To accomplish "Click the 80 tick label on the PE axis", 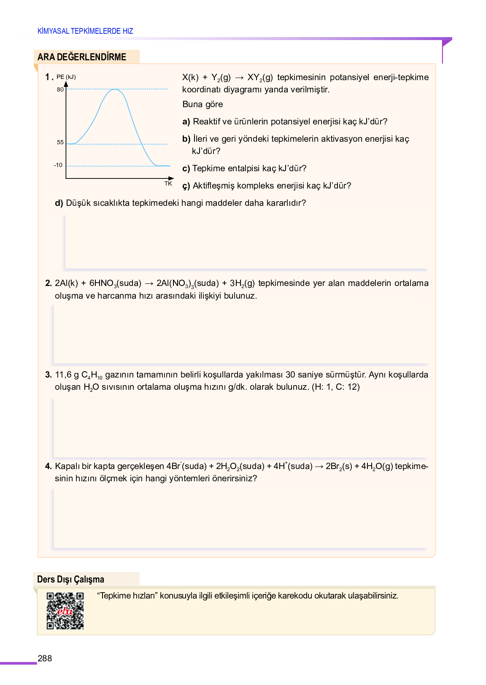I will (x=60, y=89).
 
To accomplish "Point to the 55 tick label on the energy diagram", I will (x=60, y=143).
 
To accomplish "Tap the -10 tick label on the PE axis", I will (x=58, y=165).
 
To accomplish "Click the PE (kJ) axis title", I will (x=66, y=77).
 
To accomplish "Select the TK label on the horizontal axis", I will (x=168, y=183).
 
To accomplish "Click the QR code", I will (x=65, y=611).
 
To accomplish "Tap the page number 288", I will (x=45, y=658).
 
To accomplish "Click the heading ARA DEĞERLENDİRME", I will (x=82, y=57).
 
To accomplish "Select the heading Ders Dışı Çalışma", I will (x=70, y=580).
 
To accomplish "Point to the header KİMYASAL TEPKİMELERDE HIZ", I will (x=85, y=31).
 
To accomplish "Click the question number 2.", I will (x=48, y=283).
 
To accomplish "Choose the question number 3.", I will (x=48, y=375).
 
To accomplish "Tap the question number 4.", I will (x=48, y=467).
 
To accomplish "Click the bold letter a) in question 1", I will (x=186, y=122).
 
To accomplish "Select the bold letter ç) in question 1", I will (x=186, y=186).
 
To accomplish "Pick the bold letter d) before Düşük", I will (x=59, y=203).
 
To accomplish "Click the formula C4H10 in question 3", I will (x=92, y=375).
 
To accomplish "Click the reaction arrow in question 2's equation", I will (x=148, y=283).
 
